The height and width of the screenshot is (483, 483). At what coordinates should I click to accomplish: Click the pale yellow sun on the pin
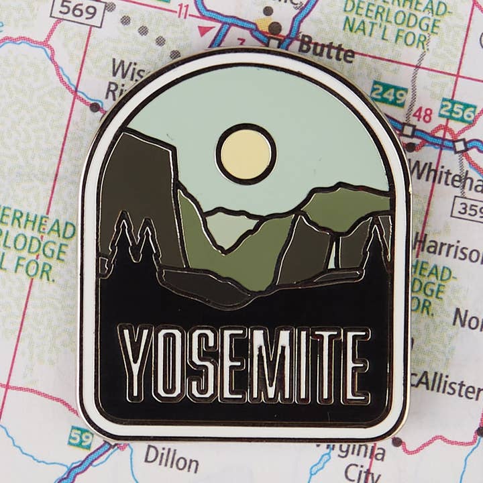click(246, 153)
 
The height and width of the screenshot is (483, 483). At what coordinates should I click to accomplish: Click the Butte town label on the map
click(325, 48)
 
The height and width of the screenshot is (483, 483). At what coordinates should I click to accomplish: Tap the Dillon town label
click(172, 462)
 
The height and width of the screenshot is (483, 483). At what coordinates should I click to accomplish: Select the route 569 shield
click(78, 10)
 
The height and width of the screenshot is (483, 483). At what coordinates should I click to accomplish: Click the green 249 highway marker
click(388, 93)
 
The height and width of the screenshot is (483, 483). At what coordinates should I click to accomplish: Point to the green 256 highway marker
click(458, 111)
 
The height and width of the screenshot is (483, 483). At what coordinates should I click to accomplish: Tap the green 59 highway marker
click(80, 437)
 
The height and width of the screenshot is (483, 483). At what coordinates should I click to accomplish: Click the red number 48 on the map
click(423, 113)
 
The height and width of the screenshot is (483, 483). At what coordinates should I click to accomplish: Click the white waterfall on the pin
click(331, 255)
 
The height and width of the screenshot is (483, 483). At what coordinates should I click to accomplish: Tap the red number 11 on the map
click(182, 11)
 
